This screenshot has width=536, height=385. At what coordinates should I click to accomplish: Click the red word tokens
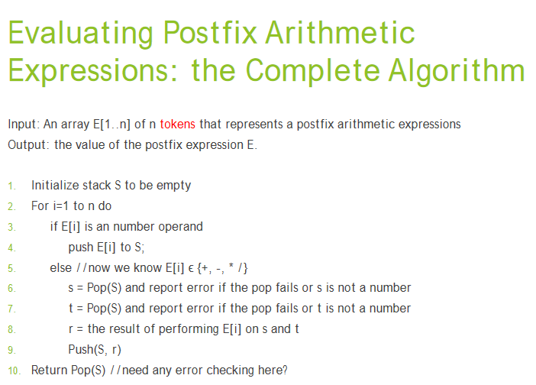point(177,124)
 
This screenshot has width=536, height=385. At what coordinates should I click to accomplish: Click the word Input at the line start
point(21,124)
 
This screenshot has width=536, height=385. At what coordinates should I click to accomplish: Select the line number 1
point(11,186)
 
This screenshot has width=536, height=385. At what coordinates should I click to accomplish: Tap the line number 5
point(11,268)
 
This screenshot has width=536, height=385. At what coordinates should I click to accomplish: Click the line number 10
point(13,370)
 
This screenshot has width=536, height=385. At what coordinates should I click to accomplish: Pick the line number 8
point(11,329)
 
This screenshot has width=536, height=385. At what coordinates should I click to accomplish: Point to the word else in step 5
point(60,267)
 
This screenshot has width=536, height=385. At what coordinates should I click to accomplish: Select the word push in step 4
point(80,247)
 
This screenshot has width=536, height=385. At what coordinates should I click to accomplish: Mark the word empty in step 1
point(174,185)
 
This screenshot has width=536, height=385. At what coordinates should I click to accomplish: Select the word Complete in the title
point(312,71)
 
